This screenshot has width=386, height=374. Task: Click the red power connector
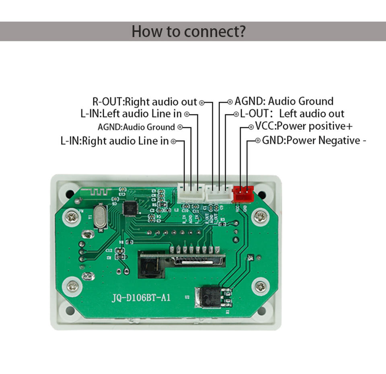[x=243, y=194]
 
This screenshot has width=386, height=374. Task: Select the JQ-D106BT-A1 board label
[x=141, y=298]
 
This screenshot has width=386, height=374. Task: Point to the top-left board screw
[x=72, y=217]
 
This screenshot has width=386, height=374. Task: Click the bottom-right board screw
[x=261, y=287]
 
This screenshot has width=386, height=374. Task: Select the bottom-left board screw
[x=73, y=286]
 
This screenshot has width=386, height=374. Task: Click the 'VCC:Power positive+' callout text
[x=304, y=126]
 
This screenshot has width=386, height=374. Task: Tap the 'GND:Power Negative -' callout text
[x=314, y=140]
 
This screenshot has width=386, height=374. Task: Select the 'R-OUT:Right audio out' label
[x=145, y=102]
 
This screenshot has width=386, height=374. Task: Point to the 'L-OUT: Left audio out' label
[x=293, y=114]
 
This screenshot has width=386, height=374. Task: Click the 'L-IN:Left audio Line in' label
[x=131, y=114]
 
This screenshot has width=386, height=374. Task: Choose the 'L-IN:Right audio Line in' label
[x=115, y=141]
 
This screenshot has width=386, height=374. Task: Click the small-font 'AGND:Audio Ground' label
[x=136, y=127]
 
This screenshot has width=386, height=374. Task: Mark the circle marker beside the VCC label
[x=251, y=127]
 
